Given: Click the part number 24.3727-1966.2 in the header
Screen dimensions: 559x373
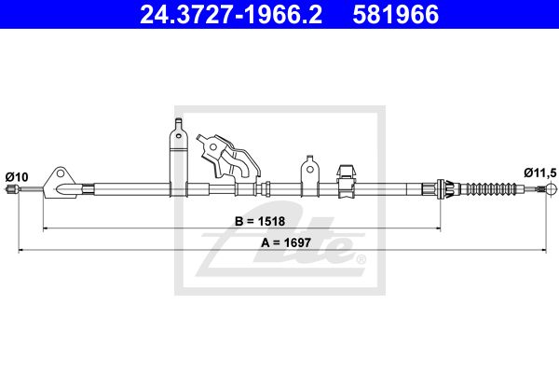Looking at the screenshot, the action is [231, 14].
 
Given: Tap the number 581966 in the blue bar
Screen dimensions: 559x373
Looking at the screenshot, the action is [395, 14].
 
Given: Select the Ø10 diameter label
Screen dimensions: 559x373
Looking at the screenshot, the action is [17, 177].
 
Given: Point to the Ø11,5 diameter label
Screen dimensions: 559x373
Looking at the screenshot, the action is [540, 173].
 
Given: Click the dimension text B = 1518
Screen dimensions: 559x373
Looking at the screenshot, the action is [260, 221].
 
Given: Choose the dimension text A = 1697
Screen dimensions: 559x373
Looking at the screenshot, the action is [286, 242].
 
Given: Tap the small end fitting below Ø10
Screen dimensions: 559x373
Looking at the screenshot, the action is [11, 189].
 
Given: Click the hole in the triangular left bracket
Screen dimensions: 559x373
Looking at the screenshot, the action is [61, 173].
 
